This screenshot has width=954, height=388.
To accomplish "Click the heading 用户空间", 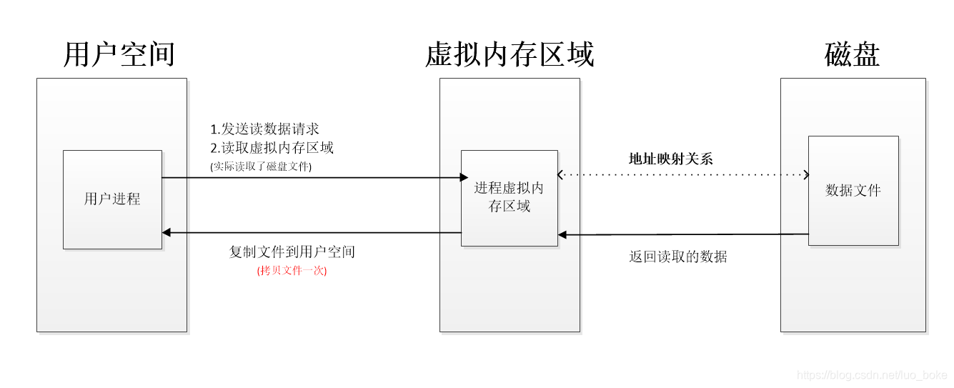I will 119,54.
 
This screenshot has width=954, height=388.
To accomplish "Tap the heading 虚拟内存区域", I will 510,54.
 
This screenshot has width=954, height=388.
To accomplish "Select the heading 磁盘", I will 852,54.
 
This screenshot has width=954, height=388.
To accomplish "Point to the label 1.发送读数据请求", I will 264,129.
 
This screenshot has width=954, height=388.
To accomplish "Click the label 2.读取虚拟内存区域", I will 272,148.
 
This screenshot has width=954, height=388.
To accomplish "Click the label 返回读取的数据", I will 677,257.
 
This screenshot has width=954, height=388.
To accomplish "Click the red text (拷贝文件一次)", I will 292,271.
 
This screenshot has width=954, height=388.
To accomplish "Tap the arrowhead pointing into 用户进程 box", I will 167,232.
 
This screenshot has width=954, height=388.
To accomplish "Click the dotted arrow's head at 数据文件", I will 805,174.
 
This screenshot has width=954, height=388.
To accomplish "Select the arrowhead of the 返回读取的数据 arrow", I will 562,234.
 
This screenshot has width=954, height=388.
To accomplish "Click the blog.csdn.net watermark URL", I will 872,375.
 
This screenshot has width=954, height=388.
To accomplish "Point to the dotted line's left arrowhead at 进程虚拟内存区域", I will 561,174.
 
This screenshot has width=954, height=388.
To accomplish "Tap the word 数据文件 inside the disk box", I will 853,190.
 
